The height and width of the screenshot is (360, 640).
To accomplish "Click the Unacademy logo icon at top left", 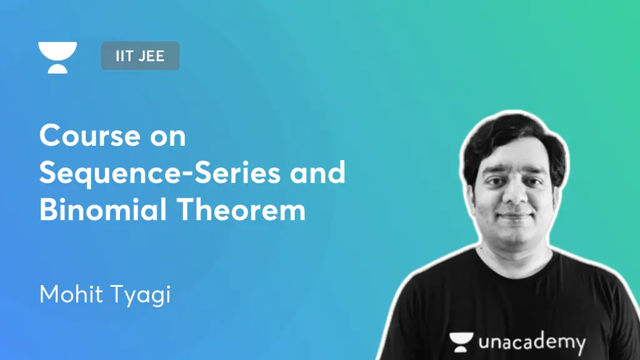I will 57,57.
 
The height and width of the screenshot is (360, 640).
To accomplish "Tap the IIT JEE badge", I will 140,56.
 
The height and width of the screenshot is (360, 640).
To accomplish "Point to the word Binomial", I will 101,211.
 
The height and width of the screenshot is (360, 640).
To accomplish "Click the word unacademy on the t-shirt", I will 532,342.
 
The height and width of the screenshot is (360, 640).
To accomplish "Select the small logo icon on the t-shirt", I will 461,341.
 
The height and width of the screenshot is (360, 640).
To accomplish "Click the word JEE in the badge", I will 151,56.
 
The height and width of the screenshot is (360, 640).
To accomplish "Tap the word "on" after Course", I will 167,136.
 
